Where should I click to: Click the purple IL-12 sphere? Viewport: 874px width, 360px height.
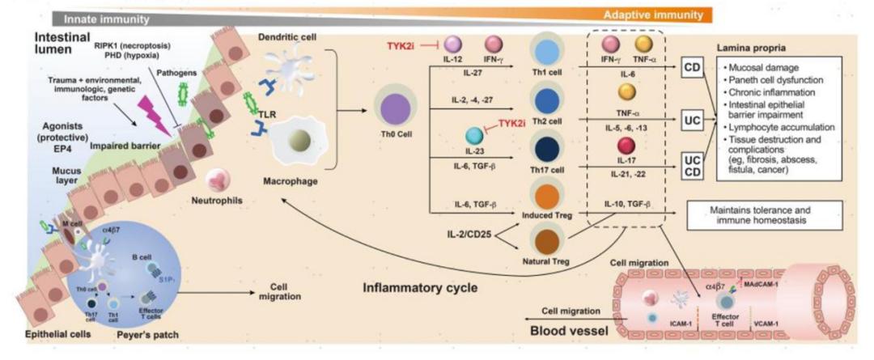(x=452, y=44)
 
